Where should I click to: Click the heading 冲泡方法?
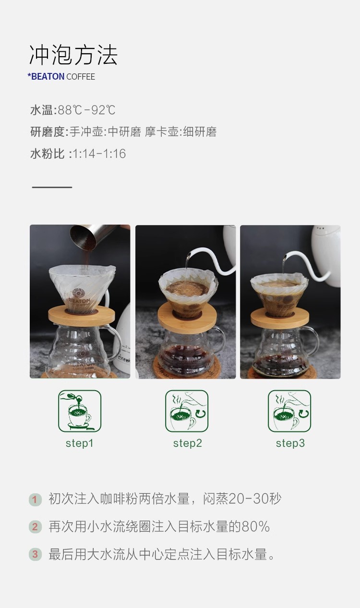point(73,55)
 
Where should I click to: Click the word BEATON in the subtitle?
point(48,77)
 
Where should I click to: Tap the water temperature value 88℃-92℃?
point(86,110)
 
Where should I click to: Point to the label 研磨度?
point(48,132)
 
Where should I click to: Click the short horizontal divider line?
point(52,187)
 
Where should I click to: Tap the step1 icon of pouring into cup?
point(80,411)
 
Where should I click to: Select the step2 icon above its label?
point(187,411)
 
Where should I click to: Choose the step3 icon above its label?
point(289,411)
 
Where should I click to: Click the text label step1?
point(80,443)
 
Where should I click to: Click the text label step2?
point(188,443)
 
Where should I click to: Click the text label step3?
point(290,443)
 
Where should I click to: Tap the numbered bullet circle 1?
point(35,500)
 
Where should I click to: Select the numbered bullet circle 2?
point(35,527)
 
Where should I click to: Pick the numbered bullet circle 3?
point(35,554)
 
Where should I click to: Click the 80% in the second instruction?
point(255,526)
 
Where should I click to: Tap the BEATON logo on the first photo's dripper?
point(79,297)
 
